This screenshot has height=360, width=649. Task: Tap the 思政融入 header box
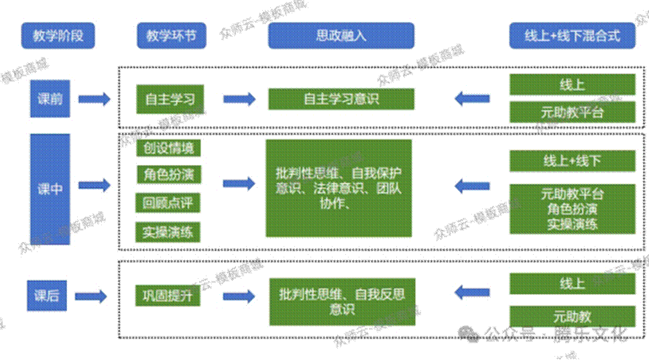click(x=341, y=36)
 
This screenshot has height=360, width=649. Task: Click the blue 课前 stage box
click(x=50, y=99)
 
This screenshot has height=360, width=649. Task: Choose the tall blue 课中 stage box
click(x=50, y=189)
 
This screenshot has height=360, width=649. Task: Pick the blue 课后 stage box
click(x=47, y=296)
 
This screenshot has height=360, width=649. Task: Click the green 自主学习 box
click(x=170, y=99)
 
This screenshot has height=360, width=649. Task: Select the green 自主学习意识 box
click(x=341, y=99)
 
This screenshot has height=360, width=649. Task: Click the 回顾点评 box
click(x=168, y=202)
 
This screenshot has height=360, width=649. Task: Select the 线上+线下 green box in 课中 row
click(x=572, y=161)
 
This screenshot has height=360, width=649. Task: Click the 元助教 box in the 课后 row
click(x=572, y=316)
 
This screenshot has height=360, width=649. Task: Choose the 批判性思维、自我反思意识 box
click(x=342, y=301)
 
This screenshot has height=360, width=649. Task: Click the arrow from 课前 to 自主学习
click(x=95, y=99)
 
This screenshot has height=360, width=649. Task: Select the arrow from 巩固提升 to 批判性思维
click(x=239, y=296)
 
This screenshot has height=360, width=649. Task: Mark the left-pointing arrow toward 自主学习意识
click(x=471, y=99)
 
